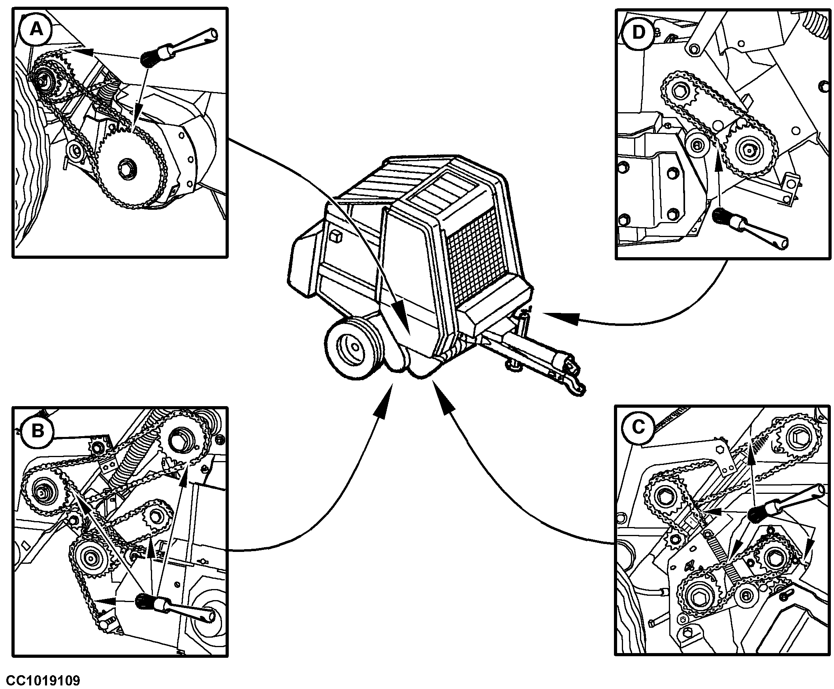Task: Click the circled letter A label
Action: pyautogui.click(x=37, y=29)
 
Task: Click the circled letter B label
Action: pyautogui.click(x=38, y=430)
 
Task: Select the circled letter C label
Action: pyautogui.click(x=638, y=427)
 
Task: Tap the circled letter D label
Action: pyautogui.click(x=638, y=32)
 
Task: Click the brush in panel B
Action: pyautogui.click(x=175, y=606)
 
